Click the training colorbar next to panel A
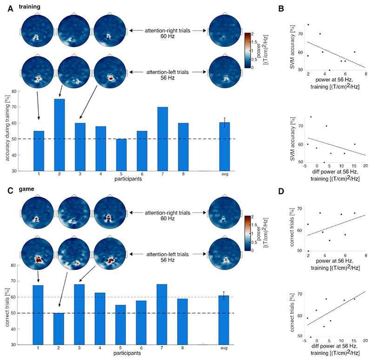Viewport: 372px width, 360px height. (x=248, y=50)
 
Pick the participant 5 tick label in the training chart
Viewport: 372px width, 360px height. (x=110, y=175)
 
